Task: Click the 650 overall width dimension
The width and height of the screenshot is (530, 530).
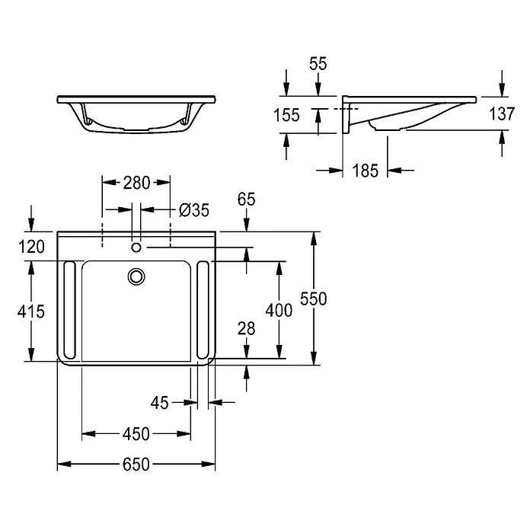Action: [136, 465]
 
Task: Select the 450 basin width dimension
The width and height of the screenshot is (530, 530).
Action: [136, 433]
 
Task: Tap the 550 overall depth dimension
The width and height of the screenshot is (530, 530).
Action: [313, 299]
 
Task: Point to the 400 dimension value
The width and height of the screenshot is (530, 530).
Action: [279, 310]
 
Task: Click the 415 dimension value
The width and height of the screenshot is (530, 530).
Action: [30, 311]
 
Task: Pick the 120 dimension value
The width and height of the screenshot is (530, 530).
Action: [31, 247]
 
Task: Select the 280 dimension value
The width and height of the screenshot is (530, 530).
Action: [136, 183]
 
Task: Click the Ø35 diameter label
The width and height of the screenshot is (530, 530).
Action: [194, 210]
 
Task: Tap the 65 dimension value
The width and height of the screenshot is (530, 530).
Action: [246, 199]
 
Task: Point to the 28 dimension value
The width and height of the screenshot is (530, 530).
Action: [246, 328]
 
